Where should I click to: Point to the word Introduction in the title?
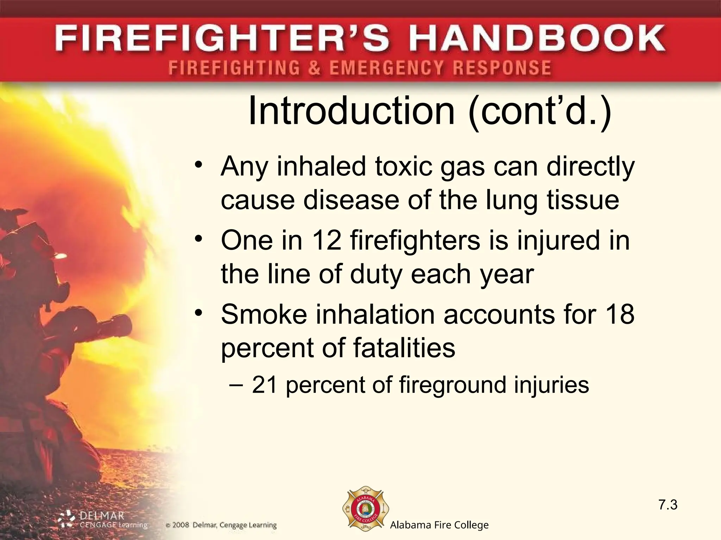(x=352, y=111)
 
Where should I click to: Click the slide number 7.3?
(x=668, y=505)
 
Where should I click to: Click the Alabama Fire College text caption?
(x=439, y=525)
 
